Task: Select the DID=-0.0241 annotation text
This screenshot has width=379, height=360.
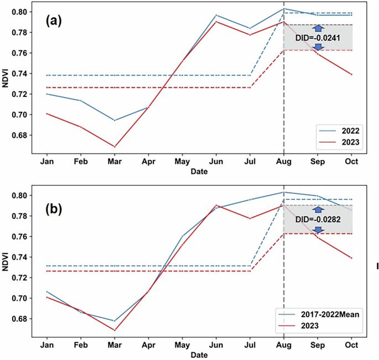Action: tap(318, 38)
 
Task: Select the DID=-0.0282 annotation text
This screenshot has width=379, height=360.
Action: tap(318, 219)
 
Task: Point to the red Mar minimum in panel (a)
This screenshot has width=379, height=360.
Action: tap(115, 147)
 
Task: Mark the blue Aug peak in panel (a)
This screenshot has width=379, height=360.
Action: tap(284, 9)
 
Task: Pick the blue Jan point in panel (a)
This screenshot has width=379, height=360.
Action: tap(47, 94)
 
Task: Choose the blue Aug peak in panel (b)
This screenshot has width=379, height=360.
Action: tap(284, 192)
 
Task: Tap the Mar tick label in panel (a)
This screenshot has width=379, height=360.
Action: tap(115, 162)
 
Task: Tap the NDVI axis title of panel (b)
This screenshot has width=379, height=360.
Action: tap(7, 263)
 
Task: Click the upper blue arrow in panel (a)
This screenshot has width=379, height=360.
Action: tap(318, 28)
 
